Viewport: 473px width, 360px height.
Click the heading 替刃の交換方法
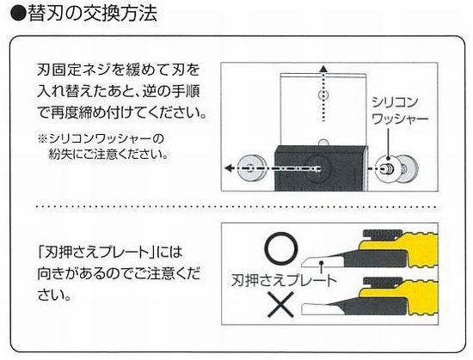click(93, 13)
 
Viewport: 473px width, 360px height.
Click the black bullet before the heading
click(19, 14)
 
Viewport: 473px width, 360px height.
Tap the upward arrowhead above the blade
click(323, 68)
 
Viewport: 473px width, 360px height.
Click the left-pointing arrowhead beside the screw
click(230, 168)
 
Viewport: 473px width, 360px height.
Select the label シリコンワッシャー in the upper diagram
click(400, 111)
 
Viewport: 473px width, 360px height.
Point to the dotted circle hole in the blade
click(323, 95)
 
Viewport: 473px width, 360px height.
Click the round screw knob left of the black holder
click(252, 168)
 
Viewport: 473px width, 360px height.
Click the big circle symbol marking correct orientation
click(281, 248)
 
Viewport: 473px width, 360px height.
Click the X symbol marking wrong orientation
click(281, 304)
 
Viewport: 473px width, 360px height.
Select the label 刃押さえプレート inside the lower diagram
click(284, 280)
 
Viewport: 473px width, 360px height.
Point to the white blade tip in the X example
click(316, 308)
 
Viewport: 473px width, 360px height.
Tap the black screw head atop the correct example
click(383, 235)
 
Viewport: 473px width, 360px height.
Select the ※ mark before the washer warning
click(42, 139)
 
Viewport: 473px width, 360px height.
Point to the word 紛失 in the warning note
click(61, 155)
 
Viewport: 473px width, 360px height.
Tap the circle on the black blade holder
click(319, 168)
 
